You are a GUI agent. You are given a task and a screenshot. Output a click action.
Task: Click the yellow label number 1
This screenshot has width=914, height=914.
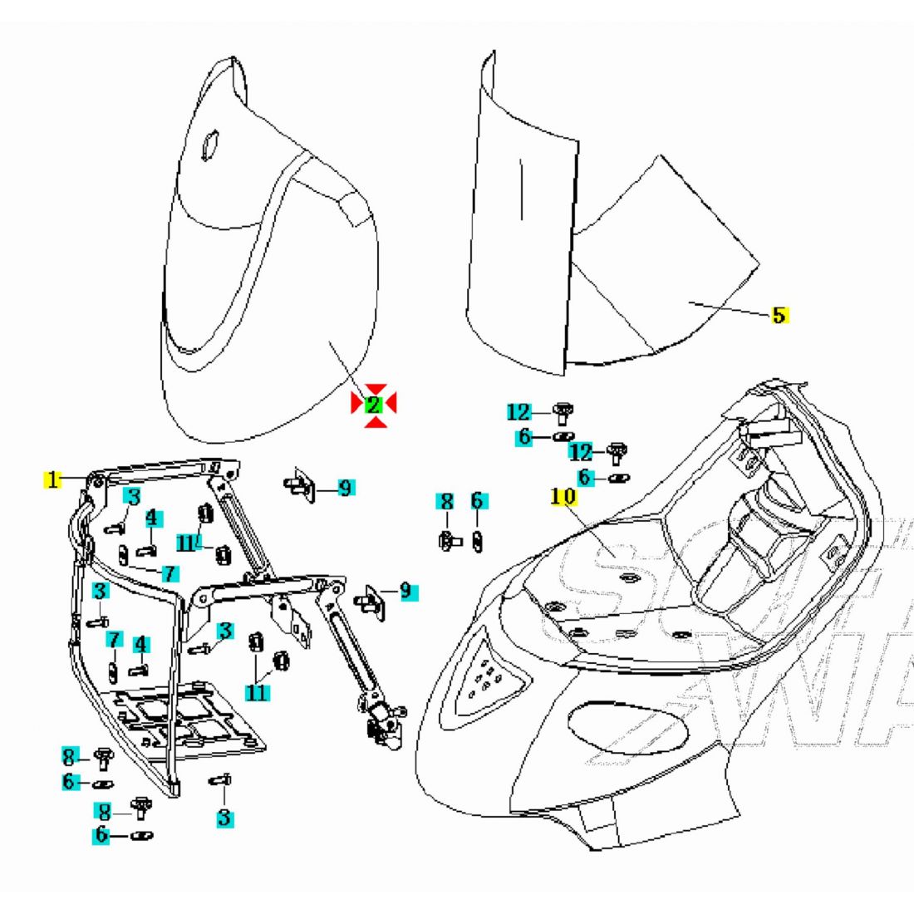tap(52, 479)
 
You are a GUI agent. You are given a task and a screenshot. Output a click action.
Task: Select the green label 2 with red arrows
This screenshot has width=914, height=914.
tap(373, 405)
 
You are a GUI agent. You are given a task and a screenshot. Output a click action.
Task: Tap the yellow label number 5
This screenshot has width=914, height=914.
tap(779, 315)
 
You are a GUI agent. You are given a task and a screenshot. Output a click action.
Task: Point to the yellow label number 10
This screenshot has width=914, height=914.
tap(563, 496)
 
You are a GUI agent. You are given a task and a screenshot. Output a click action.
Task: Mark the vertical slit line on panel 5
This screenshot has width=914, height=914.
tap(522, 191)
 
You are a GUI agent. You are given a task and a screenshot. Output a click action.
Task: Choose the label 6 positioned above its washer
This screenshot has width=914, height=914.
tap(476, 501)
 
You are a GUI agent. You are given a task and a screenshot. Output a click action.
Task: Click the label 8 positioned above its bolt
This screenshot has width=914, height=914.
tap(446, 501)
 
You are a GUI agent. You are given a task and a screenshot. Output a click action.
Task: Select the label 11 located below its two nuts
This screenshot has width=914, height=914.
tap(257, 690)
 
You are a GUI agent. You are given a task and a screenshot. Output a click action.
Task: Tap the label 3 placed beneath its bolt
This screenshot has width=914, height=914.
tap(224, 818)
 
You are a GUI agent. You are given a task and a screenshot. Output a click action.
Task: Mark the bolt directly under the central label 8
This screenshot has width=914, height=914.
tap(449, 540)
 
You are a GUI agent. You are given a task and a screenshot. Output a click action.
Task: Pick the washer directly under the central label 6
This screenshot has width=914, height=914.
tap(478, 540)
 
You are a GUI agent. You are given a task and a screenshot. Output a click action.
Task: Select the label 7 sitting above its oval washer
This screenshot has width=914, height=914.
tap(113, 640)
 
